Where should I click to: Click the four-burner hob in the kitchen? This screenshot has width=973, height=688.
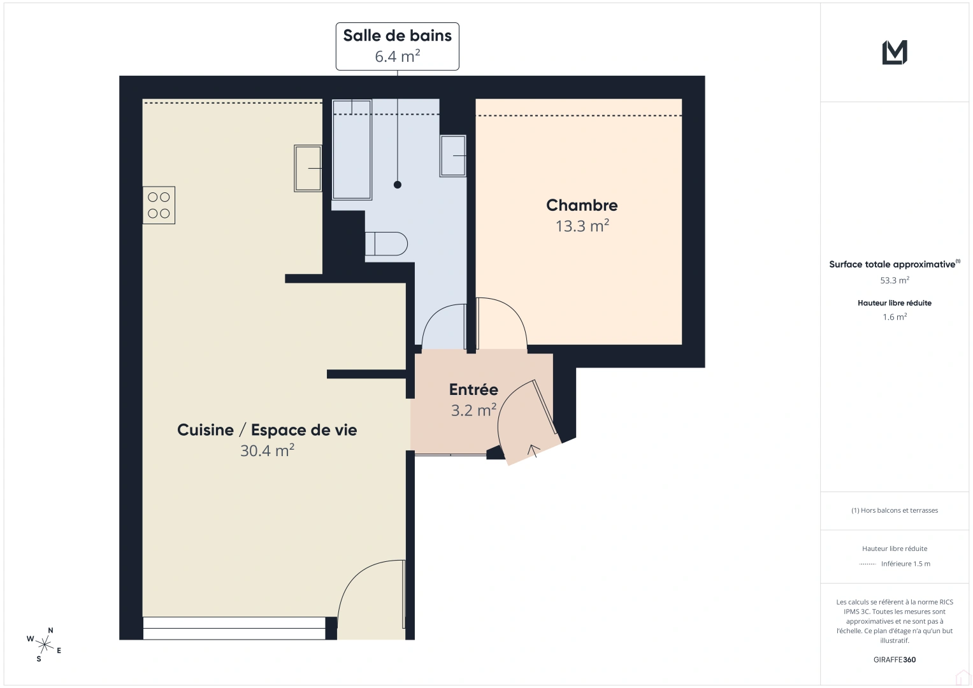159,205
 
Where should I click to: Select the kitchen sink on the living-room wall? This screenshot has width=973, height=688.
308,168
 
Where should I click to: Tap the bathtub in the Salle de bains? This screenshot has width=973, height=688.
351,150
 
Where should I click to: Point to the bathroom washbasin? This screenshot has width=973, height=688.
453,155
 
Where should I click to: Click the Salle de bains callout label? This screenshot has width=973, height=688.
397,46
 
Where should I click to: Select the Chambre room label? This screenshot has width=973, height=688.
582,205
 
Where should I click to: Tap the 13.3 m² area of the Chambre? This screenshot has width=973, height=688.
582,226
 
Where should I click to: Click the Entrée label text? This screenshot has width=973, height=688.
473,389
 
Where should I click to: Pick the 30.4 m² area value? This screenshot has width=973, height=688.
267,450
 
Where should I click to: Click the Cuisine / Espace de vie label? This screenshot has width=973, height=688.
267,430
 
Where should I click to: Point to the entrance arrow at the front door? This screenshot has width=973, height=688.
533,450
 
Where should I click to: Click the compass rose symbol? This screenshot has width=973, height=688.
45,644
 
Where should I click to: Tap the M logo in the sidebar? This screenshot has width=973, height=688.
895,52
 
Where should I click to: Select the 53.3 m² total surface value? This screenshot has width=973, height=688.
895,280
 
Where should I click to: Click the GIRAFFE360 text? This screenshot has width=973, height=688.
895,660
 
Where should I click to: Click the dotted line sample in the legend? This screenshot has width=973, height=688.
867,564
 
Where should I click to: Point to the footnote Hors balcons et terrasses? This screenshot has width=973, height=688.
895,510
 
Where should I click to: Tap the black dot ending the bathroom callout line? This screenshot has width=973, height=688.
398,185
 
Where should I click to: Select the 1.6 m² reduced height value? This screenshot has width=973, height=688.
895,317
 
